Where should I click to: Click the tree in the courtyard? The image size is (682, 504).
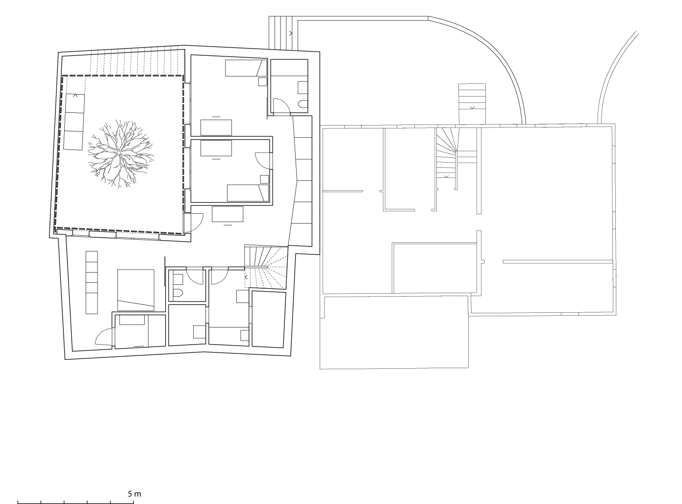point(120,153)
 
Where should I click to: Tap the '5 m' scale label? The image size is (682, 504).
point(134,494)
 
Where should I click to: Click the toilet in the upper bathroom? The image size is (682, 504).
point(303,104)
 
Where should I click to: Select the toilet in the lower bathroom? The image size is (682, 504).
point(178,294)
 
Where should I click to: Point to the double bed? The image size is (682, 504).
point(136,290)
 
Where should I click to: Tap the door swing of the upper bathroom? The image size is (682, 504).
point(281,106)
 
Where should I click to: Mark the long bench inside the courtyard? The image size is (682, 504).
point(74,121)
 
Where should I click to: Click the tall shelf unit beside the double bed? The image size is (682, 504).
point(92,282)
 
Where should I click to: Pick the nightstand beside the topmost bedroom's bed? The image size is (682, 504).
point(263,82)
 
